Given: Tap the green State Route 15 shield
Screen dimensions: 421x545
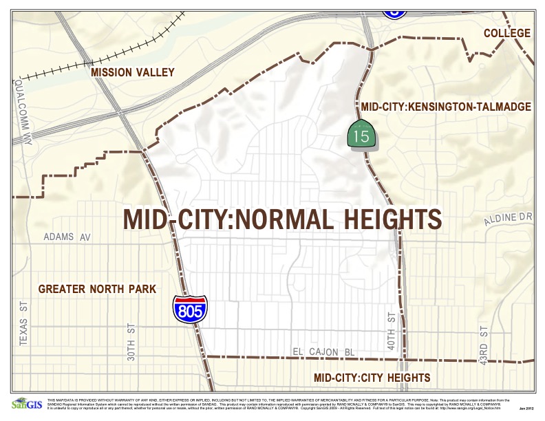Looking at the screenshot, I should coord(361,134).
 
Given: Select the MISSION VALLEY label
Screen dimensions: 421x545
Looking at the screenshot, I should coord(133,72).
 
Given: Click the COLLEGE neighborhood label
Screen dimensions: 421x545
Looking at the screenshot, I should coord(506,33).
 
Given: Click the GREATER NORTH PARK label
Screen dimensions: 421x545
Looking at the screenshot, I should coord(97,288).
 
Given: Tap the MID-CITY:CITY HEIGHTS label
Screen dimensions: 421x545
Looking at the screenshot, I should coord(372,378).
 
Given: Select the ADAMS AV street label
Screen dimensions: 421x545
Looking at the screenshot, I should coord(67,237).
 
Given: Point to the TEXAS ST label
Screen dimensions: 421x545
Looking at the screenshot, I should coord(23,323).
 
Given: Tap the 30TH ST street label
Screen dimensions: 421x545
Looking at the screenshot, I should coord(130,342).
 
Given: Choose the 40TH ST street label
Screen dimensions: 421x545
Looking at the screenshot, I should coord(392,332).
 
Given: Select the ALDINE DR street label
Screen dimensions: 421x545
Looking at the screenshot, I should coord(509,217).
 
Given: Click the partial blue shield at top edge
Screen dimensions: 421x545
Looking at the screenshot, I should coord(394,8).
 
